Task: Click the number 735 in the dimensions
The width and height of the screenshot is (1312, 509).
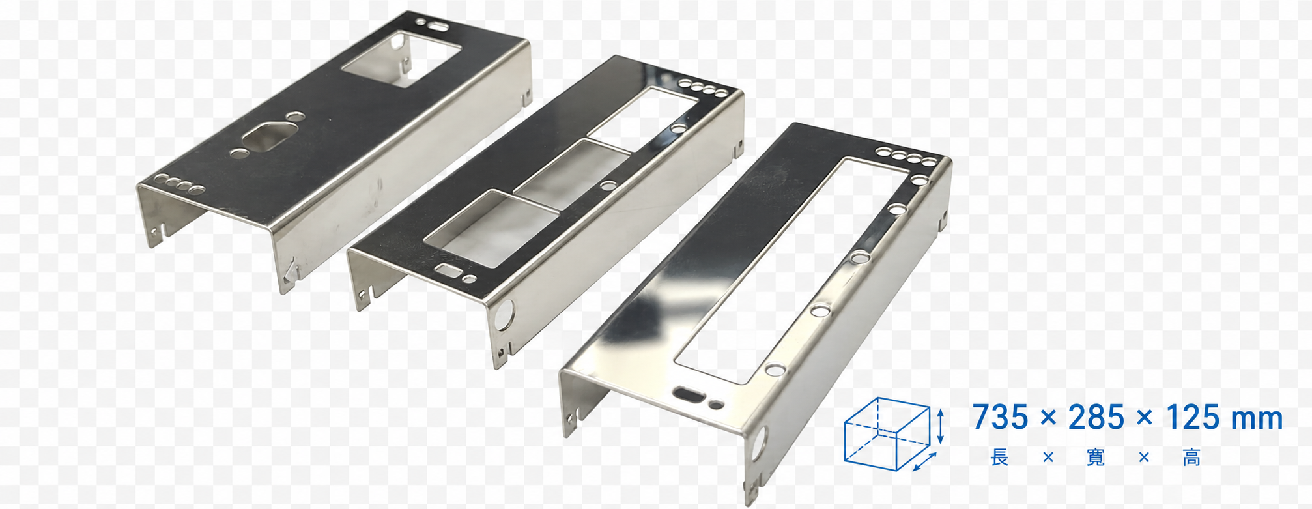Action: click(1001, 418)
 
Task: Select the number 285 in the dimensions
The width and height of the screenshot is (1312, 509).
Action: click(1096, 418)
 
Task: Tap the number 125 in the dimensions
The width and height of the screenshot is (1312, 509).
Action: click(1193, 418)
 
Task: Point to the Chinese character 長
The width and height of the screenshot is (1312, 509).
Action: click(1000, 458)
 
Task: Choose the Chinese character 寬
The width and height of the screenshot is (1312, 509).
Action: click(1096, 458)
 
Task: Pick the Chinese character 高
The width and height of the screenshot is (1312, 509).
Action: click(1192, 458)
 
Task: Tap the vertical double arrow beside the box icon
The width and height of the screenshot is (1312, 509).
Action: click(940, 426)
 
